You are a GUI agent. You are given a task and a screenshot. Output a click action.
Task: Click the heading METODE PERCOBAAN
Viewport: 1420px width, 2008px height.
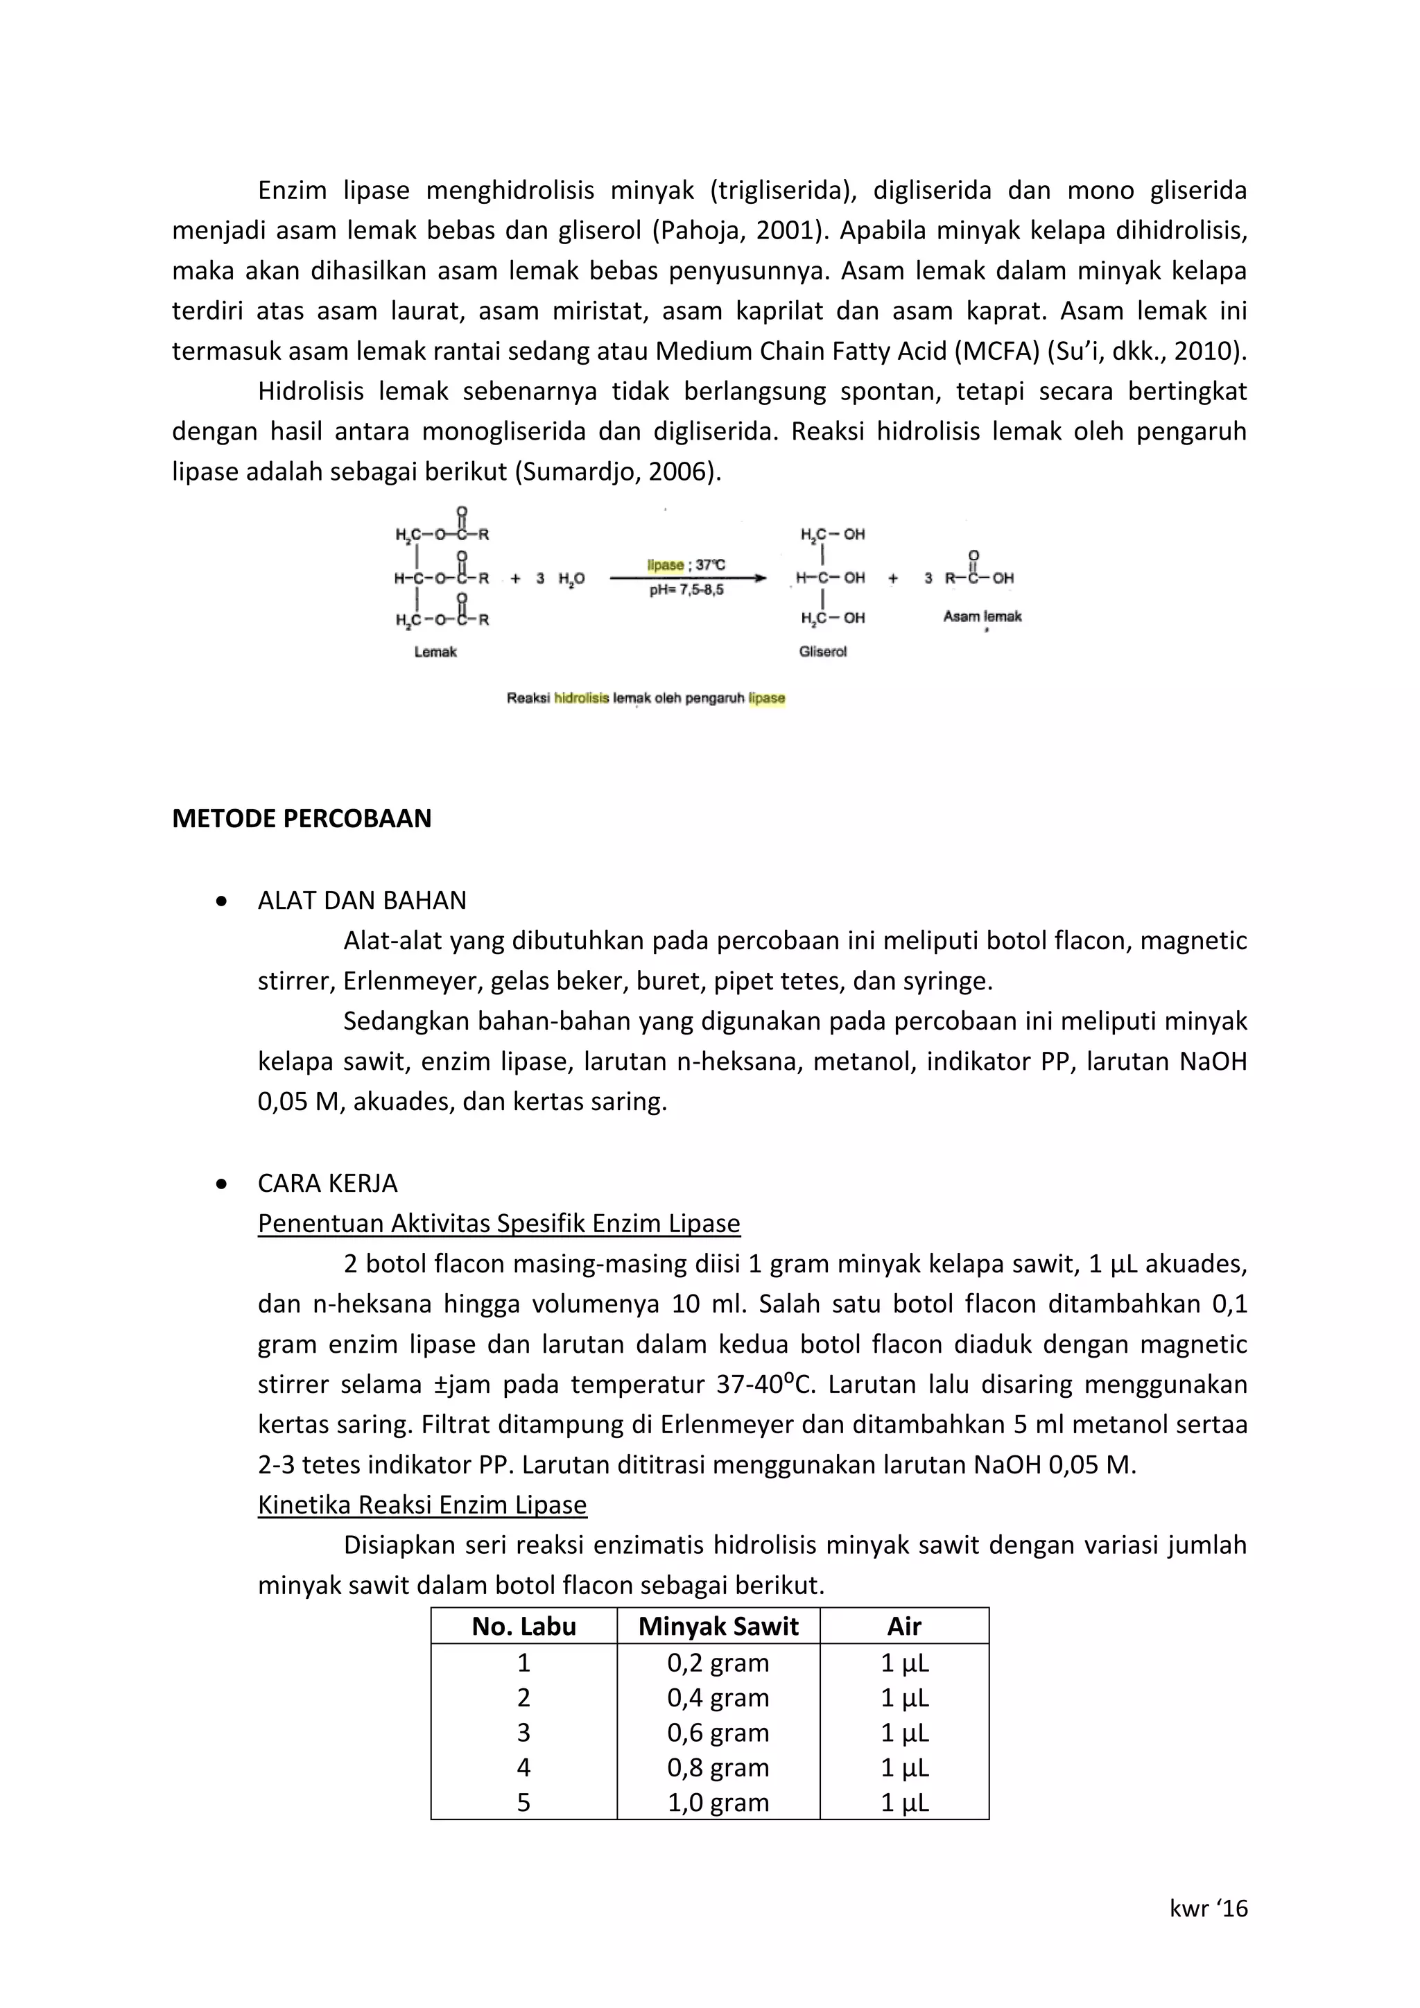[302, 819]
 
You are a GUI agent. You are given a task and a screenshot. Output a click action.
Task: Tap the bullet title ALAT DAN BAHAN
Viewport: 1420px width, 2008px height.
[362, 901]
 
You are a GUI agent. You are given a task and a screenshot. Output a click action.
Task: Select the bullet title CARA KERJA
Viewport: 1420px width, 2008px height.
[327, 1184]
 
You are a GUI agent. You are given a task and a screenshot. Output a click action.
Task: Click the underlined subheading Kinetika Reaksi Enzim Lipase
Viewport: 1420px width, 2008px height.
[422, 1505]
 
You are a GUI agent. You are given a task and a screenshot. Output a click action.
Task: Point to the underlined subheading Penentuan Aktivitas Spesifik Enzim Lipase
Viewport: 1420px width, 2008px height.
[499, 1224]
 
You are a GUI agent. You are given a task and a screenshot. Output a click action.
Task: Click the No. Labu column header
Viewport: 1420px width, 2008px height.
[523, 1627]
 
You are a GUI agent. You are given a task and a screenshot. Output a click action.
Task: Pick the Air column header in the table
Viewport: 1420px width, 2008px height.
[904, 1627]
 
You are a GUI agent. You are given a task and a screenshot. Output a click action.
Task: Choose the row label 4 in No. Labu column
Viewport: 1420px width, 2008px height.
[523, 1767]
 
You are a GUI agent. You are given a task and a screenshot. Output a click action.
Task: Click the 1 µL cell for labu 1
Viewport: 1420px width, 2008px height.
[904, 1663]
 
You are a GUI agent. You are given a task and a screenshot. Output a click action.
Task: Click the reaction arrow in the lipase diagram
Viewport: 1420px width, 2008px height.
[687, 578]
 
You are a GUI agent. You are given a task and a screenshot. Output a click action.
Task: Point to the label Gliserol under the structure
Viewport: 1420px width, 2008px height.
[823, 652]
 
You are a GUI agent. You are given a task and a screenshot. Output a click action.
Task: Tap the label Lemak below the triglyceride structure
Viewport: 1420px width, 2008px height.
[435, 652]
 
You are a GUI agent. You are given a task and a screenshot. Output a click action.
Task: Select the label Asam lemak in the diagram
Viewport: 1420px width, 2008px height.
[982, 616]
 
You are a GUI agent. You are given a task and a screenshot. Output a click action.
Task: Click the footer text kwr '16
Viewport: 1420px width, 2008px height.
[1209, 1909]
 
